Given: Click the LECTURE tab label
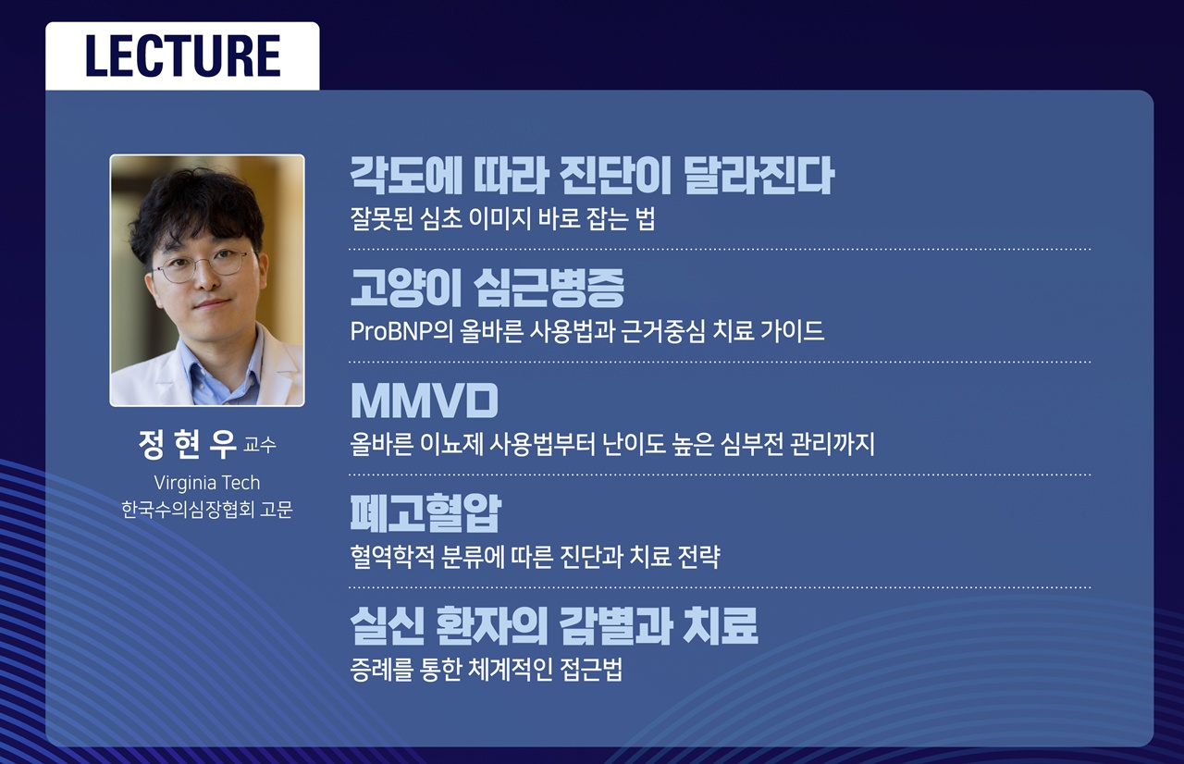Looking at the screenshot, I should point(182,55).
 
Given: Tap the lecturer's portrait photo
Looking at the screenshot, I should point(207,280).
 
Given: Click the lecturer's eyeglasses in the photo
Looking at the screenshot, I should point(202,266).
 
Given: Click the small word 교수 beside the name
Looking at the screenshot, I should point(259,447).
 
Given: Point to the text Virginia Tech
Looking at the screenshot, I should point(207,483).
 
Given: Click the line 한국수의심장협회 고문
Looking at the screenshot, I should point(207,510).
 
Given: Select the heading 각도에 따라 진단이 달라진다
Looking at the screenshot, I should point(592,176).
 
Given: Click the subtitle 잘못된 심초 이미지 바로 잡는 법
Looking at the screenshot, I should point(502,220).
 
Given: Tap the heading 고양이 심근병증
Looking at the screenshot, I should point(487,289).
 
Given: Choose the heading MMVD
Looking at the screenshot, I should point(424,401).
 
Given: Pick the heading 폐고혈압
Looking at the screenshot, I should point(425,514).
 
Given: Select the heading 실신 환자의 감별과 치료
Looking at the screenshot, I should point(554,626).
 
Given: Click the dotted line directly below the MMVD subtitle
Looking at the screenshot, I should point(720,474).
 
